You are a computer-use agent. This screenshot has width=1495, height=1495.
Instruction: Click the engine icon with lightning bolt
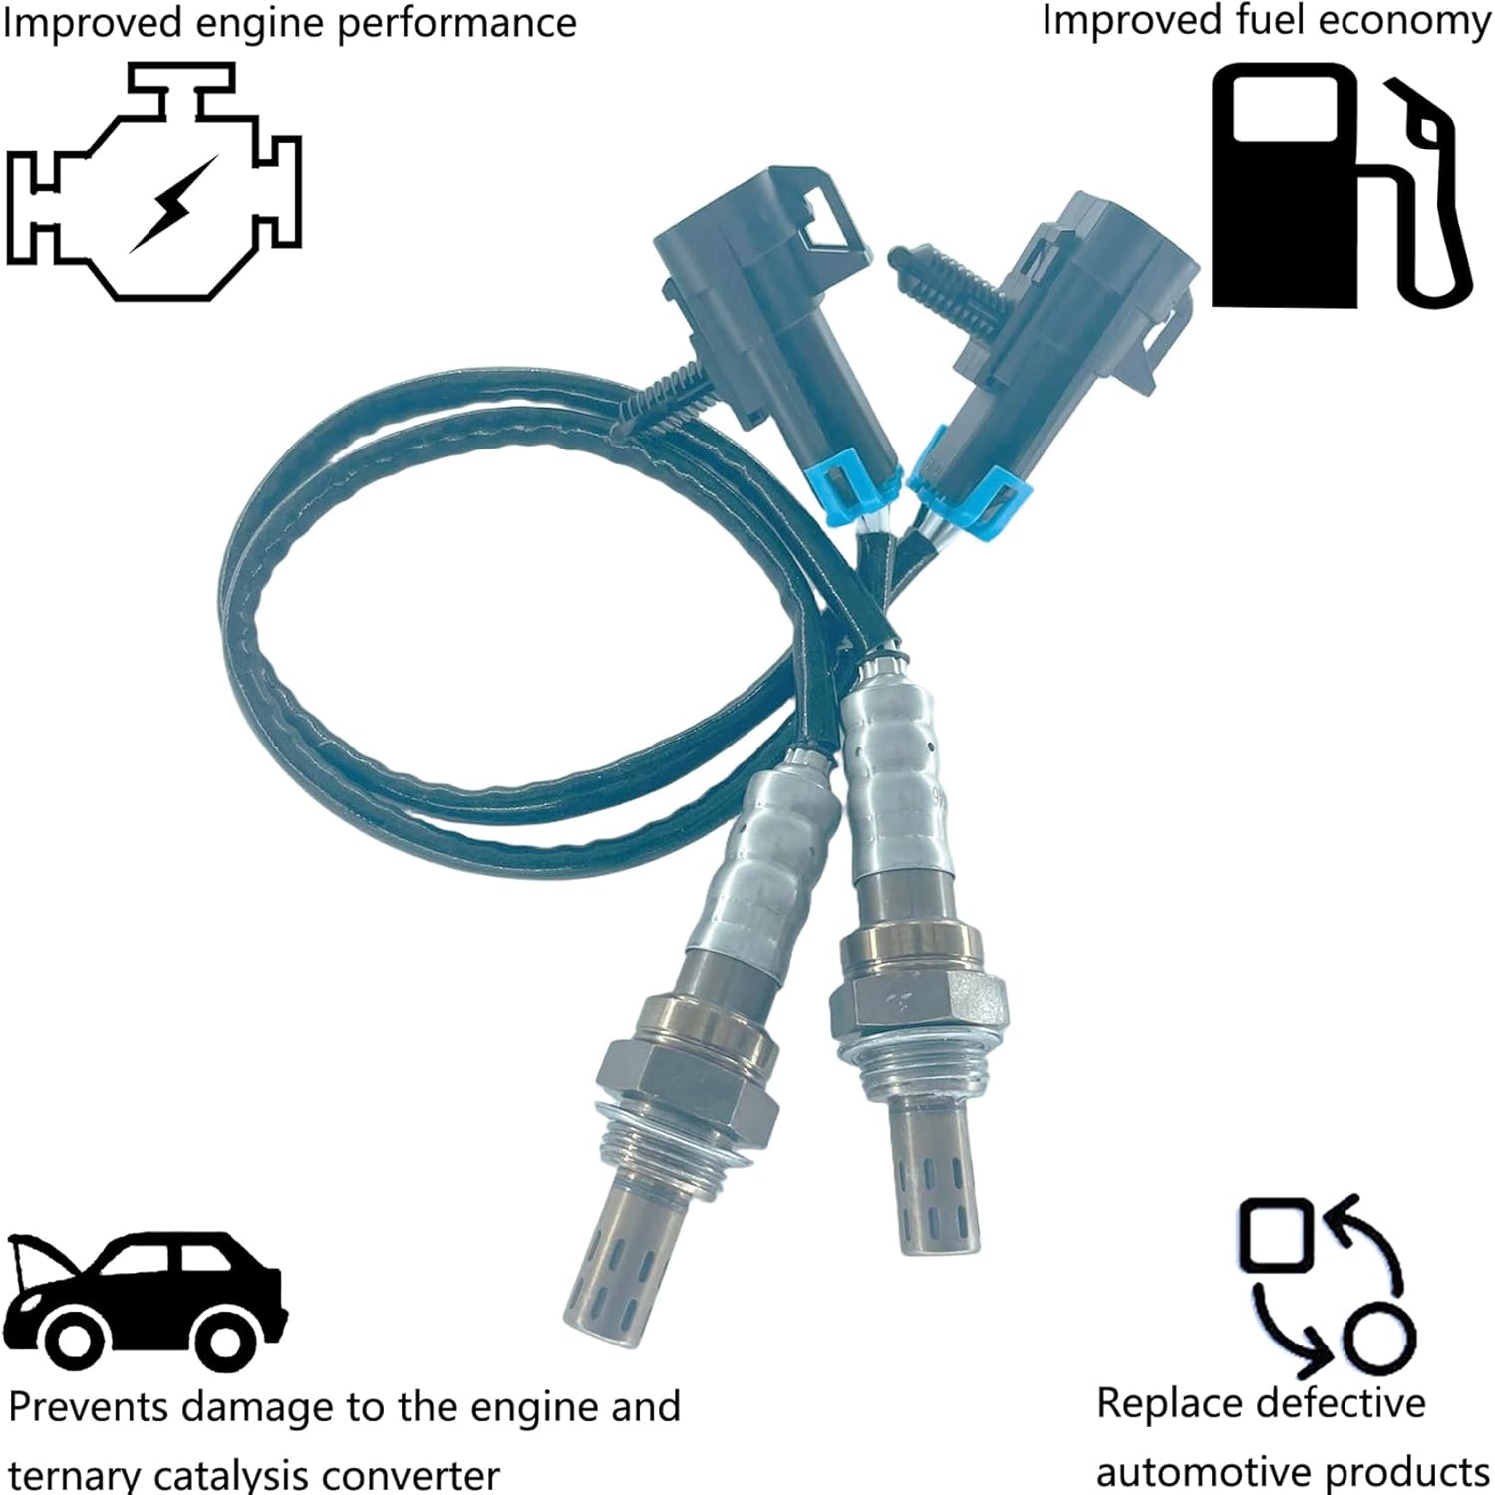[154, 184]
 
